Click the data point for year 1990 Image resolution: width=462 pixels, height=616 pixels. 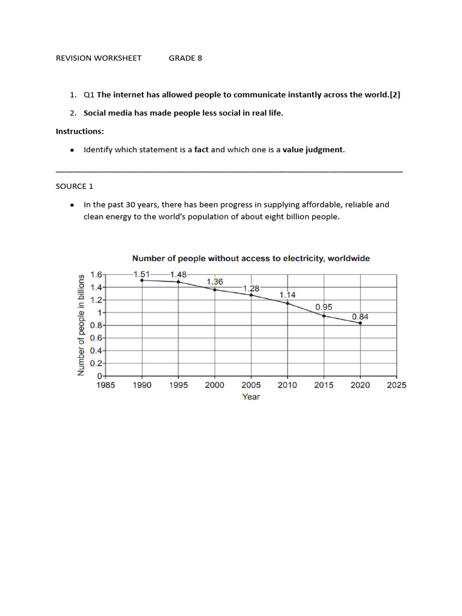click(x=141, y=280)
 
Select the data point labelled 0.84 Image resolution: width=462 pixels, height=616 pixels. click(x=360, y=323)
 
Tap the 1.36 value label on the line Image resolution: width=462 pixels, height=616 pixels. click(x=215, y=282)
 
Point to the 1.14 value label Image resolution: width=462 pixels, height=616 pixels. click(x=287, y=295)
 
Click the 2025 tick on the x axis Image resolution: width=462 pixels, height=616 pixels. click(x=396, y=385)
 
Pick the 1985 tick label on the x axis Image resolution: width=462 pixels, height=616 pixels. click(x=105, y=385)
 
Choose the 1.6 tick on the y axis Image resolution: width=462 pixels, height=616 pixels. click(x=96, y=274)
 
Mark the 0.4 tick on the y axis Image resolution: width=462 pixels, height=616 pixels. click(x=96, y=351)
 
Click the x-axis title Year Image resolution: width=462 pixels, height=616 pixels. click(x=251, y=397)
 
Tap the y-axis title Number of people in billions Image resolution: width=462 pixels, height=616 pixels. click(x=81, y=325)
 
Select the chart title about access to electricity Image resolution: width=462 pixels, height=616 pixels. click(x=251, y=259)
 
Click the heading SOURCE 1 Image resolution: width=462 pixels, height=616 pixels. click(x=75, y=186)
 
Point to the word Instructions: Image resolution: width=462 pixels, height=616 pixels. click(x=80, y=131)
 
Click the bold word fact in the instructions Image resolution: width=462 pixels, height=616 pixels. click(x=201, y=150)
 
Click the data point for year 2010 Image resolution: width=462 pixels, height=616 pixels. click(x=288, y=303)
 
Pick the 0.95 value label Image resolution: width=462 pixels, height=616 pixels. click(x=324, y=307)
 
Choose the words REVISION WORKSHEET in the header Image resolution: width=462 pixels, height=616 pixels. click(x=99, y=58)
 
